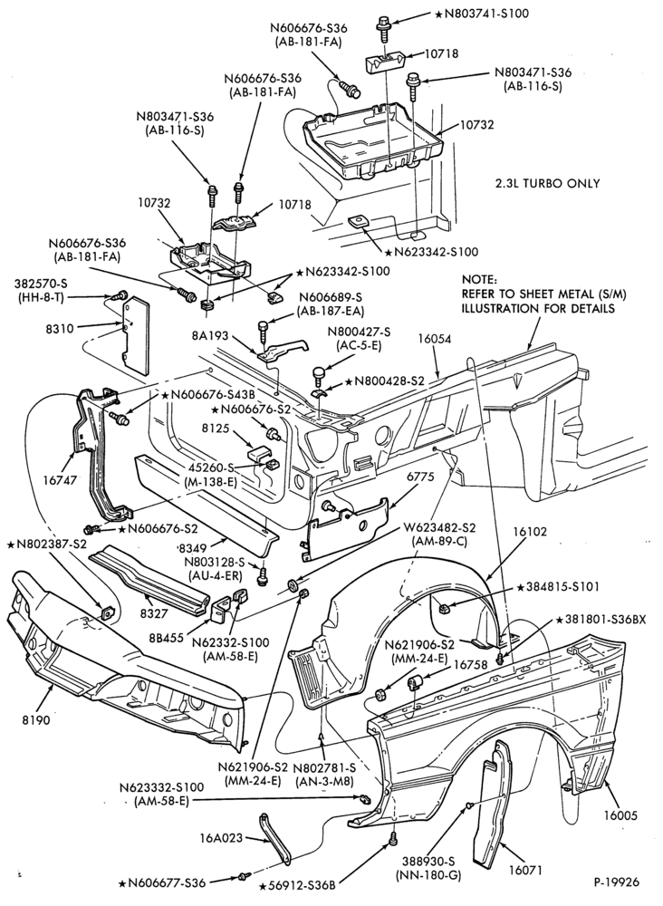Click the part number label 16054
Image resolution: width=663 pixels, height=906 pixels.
[435, 339]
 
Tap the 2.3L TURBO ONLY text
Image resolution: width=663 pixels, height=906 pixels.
[547, 183]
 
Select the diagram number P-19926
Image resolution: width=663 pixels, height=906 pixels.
[616, 882]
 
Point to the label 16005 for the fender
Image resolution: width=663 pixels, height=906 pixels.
[620, 816]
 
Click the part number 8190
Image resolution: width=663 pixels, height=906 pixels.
[36, 720]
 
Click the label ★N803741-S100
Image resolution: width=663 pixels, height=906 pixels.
[481, 13]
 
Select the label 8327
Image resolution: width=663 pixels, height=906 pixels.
[149, 613]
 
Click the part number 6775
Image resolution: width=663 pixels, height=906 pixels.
[420, 477]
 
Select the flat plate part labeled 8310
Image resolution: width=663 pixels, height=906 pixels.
[136, 334]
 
